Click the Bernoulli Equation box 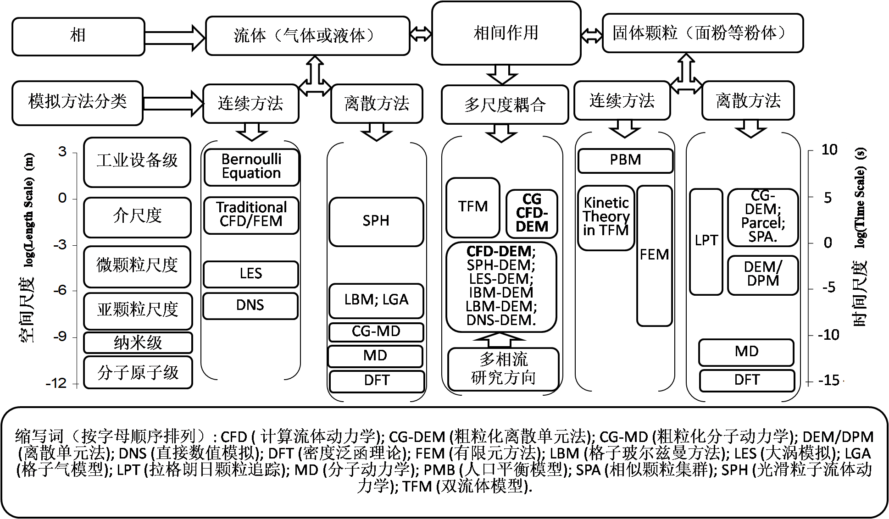[x=251, y=167]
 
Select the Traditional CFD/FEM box [x=251, y=215]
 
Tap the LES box [x=250, y=274]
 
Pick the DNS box [x=250, y=305]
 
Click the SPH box [x=376, y=221]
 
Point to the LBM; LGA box [x=376, y=300]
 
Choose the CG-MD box [x=376, y=331]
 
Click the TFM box [x=472, y=207]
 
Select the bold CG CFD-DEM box [x=532, y=213]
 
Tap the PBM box [x=625, y=160]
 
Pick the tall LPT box [x=706, y=241]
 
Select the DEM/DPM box [x=762, y=275]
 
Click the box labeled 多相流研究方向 [x=503, y=369]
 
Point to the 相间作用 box [x=506, y=33]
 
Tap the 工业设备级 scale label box [x=137, y=161]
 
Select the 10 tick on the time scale [x=829, y=150]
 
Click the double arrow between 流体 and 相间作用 [x=421, y=34]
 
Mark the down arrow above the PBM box [x=624, y=128]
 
